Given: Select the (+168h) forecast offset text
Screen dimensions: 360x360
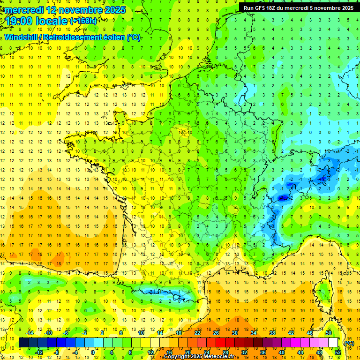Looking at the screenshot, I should (x=83, y=21).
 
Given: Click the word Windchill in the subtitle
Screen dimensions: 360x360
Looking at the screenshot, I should (x=22, y=37).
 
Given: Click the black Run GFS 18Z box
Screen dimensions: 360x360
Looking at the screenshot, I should (x=298, y=7).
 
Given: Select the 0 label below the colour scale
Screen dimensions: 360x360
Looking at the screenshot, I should (x=93, y=352).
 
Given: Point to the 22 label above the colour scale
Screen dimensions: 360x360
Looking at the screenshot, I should (x=197, y=333).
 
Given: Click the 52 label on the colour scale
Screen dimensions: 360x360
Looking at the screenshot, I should (x=338, y=352).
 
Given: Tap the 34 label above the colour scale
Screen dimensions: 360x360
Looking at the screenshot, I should (x=254, y=333).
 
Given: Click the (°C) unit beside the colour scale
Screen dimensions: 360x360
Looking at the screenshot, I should (x=349, y=343).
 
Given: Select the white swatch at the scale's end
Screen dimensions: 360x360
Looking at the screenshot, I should (x=333, y=343).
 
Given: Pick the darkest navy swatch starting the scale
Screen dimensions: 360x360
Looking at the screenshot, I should (x=23, y=343).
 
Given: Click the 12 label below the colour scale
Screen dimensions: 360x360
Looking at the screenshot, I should (x=150, y=352).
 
